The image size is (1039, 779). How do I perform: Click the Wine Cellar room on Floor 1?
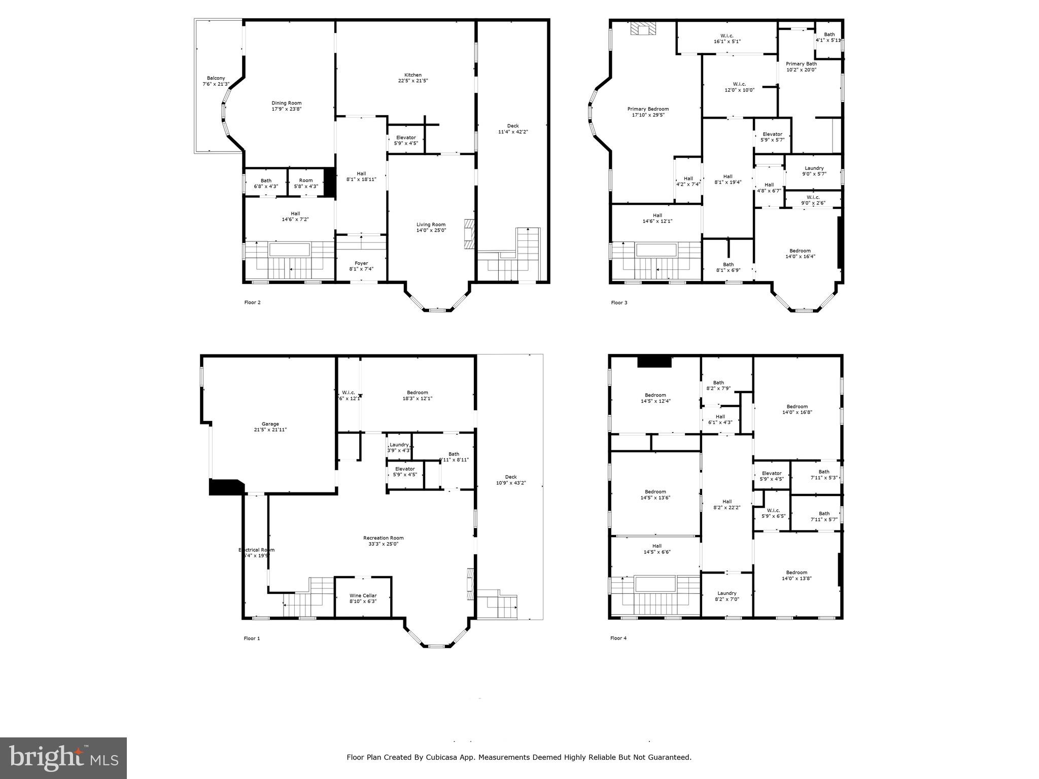[x=363, y=598]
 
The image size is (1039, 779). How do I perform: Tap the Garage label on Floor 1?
[x=270, y=427]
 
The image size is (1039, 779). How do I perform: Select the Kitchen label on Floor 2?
[x=413, y=78]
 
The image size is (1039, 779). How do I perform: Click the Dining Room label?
[x=287, y=105]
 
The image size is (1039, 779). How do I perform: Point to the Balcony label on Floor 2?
[x=216, y=81]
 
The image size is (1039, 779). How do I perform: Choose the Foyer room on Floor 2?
[x=361, y=266]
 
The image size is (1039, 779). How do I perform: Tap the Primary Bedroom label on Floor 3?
[x=648, y=112]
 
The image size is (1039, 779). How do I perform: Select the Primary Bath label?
[x=801, y=66]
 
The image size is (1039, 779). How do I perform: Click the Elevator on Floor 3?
[x=772, y=136]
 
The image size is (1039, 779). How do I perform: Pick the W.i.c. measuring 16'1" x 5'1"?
[x=727, y=39]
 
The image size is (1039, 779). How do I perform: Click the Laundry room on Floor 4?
[x=726, y=596]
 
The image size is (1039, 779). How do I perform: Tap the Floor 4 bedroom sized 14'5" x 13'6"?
[x=655, y=494]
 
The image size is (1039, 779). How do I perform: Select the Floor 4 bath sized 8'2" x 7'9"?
[x=718, y=385]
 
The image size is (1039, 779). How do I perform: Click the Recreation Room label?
[x=383, y=541]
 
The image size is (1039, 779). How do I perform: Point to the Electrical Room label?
[x=257, y=552]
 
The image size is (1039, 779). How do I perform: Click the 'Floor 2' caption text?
[x=252, y=303]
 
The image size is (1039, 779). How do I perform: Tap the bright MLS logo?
[x=63, y=758]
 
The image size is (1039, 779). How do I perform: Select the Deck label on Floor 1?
[x=511, y=480]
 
